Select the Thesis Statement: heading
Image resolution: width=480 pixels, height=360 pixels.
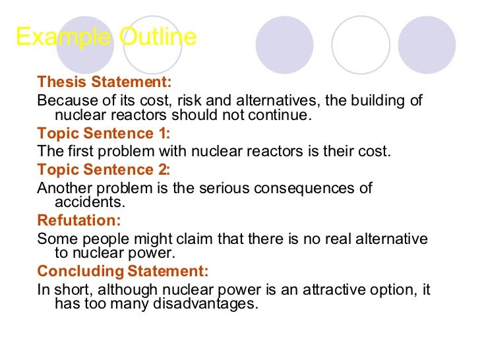[104, 82]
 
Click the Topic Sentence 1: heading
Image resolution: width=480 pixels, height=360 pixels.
[104, 133]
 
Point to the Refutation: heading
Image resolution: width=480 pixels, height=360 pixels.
[79, 220]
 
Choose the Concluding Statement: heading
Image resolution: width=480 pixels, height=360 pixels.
[123, 271]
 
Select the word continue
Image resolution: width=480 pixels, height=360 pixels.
[281, 115]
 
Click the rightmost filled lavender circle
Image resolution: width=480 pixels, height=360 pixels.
[427, 45]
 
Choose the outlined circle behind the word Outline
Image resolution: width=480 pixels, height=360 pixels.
[153, 45]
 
